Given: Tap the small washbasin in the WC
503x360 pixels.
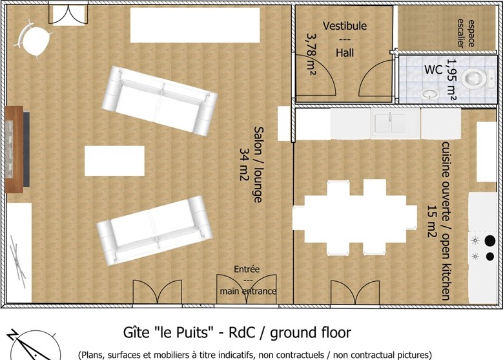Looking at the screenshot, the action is click(430, 94).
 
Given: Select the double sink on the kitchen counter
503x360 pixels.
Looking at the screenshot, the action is click(395, 123).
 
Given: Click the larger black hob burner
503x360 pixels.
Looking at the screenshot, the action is click(490, 241).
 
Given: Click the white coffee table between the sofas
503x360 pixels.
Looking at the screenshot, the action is click(114, 161).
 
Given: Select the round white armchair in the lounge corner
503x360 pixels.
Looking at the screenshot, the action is click(34, 39).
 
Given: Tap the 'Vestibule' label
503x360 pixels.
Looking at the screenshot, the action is click(345, 26).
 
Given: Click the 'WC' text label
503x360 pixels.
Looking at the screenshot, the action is click(433, 70).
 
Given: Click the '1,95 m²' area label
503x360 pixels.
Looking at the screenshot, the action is click(451, 79).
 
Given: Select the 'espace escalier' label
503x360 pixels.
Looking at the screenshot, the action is click(466, 33).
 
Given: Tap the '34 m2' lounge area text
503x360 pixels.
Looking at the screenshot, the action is click(245, 164).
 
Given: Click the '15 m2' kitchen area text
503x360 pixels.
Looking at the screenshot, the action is click(432, 222).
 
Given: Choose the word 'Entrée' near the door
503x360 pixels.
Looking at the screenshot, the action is click(247, 269).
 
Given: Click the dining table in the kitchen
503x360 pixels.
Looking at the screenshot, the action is click(354, 217).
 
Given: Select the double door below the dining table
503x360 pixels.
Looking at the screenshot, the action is click(355, 292).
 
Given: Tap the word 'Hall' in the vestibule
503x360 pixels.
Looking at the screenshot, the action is click(345, 52).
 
